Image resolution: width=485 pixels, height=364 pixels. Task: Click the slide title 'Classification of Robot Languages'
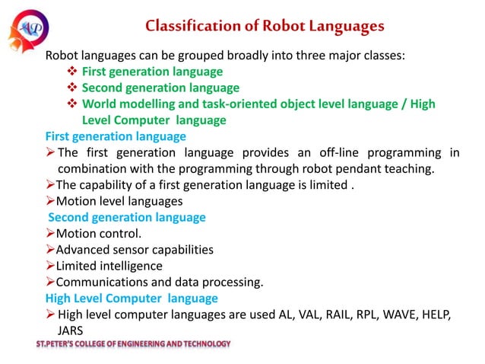265,27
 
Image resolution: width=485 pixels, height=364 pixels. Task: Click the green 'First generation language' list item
152,72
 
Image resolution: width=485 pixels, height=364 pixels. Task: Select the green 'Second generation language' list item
160,88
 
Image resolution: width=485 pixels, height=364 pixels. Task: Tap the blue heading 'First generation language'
116,136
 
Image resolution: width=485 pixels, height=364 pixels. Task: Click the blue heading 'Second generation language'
127,217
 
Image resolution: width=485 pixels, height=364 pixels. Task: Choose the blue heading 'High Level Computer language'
132,298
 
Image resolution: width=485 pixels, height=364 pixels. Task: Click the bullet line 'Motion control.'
99,234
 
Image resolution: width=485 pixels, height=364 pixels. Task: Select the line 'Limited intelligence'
109,266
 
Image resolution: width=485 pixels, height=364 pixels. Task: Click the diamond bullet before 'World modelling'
72,104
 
